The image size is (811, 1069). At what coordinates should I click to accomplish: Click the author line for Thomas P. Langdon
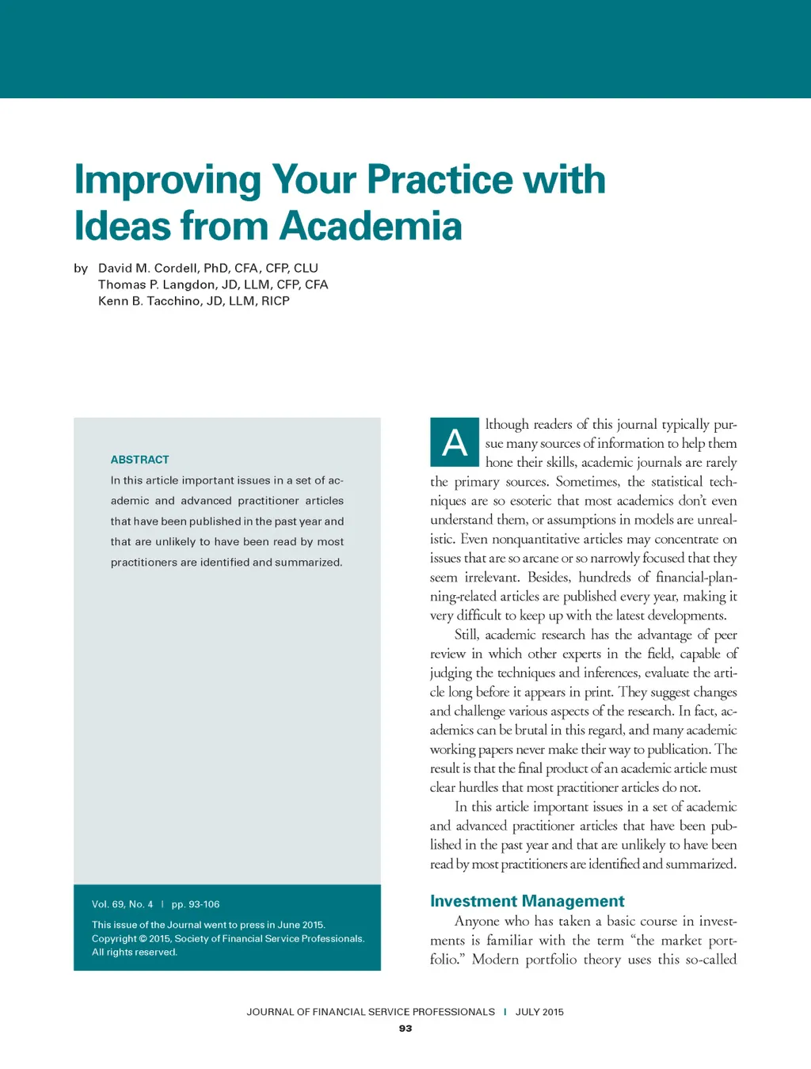tap(213, 284)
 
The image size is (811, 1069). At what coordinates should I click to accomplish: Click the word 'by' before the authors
tap(81, 269)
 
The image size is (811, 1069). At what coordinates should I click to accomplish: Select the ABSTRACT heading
tap(140, 460)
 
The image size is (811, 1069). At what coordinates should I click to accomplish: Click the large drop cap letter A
tap(455, 442)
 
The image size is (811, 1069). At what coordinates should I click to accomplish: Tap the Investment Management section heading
tap(527, 901)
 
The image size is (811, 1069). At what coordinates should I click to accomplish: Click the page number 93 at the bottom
tap(405, 1029)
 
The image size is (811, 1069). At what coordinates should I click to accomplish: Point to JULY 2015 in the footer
tap(539, 1012)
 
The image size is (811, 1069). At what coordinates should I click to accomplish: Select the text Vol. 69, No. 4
tap(123, 904)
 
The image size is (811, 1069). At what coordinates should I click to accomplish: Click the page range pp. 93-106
tap(196, 904)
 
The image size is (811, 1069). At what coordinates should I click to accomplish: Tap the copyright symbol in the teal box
tap(143, 939)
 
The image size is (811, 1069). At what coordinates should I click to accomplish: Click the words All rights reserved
tap(135, 953)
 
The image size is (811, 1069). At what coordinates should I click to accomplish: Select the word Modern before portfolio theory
tap(496, 960)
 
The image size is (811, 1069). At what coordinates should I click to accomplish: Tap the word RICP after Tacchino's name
tap(276, 301)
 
